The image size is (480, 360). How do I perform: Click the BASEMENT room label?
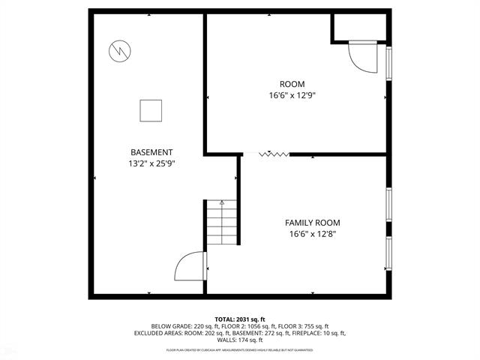pos(151,151)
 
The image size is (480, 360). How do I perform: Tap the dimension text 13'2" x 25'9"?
pos(151,163)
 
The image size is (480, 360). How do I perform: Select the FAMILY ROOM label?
pos(312,223)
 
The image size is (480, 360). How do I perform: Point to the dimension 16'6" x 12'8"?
pos(312,234)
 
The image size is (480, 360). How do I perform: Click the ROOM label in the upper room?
pos(292,84)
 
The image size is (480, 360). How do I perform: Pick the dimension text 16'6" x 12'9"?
pos(292,95)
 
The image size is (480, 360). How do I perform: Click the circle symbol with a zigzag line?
pos(119,51)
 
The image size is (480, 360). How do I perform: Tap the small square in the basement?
pos(151,111)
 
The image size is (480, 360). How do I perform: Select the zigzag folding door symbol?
pos(274,154)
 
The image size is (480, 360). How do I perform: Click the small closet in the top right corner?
pos(359,27)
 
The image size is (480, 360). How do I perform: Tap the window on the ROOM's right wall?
pos(388,63)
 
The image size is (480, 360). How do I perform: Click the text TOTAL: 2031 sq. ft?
pos(240,319)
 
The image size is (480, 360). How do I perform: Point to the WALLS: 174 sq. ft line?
pos(240,340)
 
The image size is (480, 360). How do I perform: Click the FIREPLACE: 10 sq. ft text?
pos(322,333)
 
